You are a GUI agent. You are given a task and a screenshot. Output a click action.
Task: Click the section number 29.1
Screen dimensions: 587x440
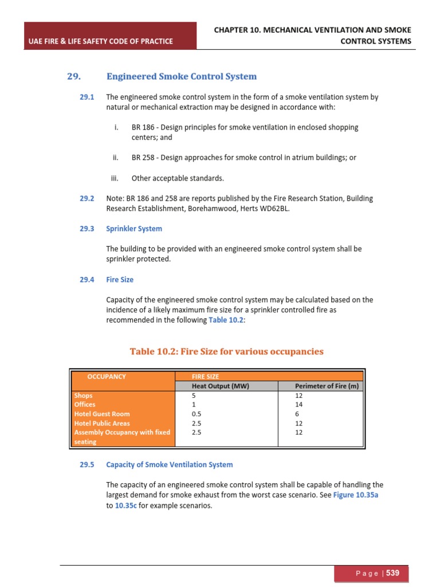coord(87,97)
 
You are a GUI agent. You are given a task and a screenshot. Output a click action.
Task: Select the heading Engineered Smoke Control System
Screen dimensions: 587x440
coord(181,76)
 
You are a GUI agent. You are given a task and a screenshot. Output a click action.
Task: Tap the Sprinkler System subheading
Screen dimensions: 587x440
coord(134,229)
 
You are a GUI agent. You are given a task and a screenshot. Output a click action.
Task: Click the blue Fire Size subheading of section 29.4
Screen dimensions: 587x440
coord(120,280)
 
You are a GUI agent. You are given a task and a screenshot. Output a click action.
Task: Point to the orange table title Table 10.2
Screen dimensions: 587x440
coord(226,351)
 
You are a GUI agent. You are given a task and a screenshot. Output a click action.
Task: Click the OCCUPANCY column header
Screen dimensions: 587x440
coord(107,377)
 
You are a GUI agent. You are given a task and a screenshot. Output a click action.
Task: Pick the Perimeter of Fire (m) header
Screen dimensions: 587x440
coord(327,386)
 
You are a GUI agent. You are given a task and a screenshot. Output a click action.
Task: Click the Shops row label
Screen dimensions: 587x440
coord(83,396)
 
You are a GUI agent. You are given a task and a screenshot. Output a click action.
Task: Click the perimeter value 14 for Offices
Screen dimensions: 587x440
coord(298,405)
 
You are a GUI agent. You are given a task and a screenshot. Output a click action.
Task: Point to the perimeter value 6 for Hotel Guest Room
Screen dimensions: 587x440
coord(297,414)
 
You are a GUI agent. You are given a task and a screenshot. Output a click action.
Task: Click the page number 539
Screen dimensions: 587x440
coord(392,573)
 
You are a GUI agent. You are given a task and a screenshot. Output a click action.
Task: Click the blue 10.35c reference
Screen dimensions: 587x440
coord(126,506)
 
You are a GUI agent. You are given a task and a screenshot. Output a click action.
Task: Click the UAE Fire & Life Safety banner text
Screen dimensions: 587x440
coord(100,41)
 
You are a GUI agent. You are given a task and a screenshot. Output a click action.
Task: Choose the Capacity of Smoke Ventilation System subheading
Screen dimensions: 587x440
coord(170,465)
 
